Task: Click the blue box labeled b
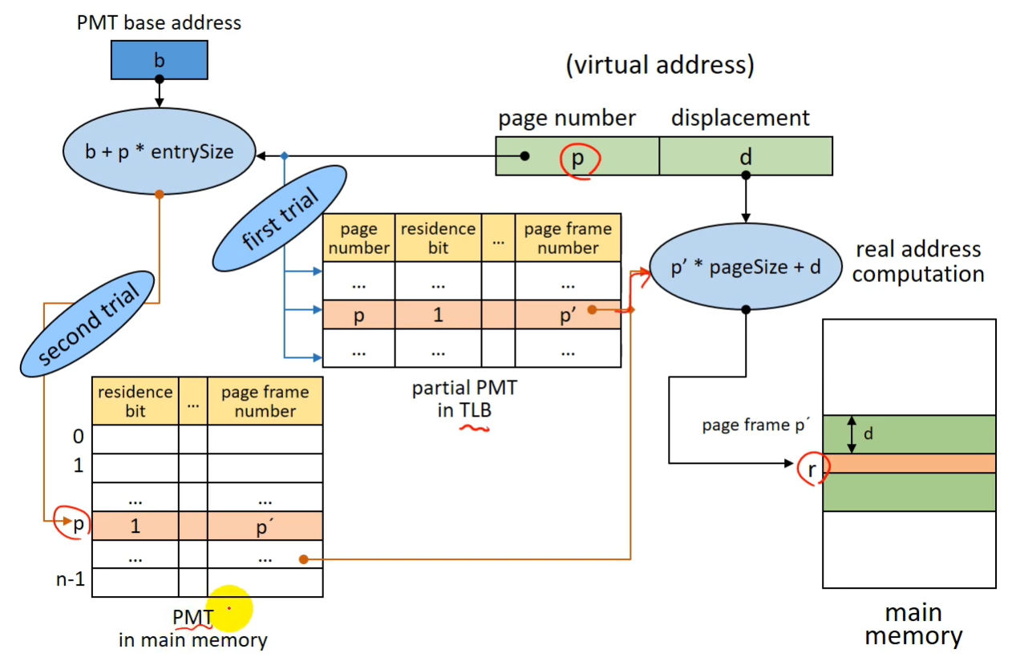pyautogui.click(x=159, y=60)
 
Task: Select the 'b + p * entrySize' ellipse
pyautogui.click(x=160, y=151)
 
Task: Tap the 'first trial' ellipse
pyautogui.click(x=279, y=218)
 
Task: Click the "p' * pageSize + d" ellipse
pyautogui.click(x=746, y=267)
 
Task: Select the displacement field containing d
pyautogui.click(x=746, y=156)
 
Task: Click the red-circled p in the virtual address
pyautogui.click(x=578, y=158)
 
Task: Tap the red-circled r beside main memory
pyautogui.click(x=812, y=470)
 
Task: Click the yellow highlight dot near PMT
pyautogui.click(x=229, y=609)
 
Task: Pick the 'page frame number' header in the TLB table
pyautogui.click(x=568, y=238)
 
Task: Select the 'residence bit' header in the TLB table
pyautogui.click(x=438, y=238)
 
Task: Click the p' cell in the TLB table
pyautogui.click(x=568, y=314)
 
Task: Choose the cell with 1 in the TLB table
pyautogui.click(x=438, y=314)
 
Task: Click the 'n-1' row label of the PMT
pyautogui.click(x=71, y=580)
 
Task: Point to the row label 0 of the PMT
pyautogui.click(x=79, y=437)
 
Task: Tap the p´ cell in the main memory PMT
pyautogui.click(x=265, y=526)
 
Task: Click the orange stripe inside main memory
pyautogui.click(x=909, y=463)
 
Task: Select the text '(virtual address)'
pyautogui.click(x=660, y=65)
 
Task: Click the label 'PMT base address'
pyautogui.click(x=159, y=22)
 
